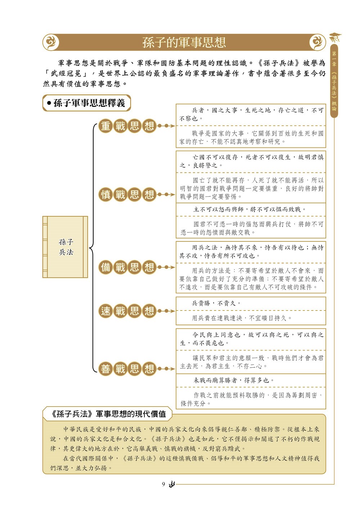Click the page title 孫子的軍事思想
(x=184, y=42)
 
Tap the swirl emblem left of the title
(x=51, y=42)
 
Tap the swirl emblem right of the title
(x=317, y=42)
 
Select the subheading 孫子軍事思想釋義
(x=89, y=103)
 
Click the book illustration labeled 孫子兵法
(x=65, y=247)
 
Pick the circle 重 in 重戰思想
(x=105, y=126)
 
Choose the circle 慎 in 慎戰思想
(x=105, y=195)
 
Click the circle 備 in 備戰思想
(x=105, y=267)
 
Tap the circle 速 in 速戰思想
(x=105, y=311)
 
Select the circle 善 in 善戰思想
(x=105, y=369)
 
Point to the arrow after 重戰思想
(x=166, y=126)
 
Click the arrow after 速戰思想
(x=166, y=311)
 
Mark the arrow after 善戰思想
(x=166, y=369)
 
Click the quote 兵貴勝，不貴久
(x=216, y=303)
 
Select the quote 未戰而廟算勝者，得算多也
(x=234, y=380)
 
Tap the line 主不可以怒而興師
(x=219, y=209)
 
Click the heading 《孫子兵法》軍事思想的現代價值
(x=108, y=414)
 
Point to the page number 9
(x=163, y=484)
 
